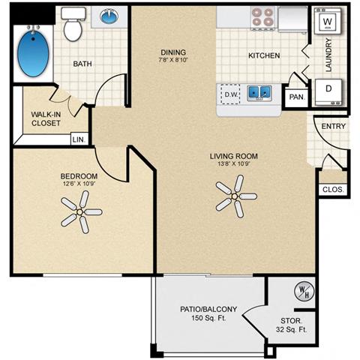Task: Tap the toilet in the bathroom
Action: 73,24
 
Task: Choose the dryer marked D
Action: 328,92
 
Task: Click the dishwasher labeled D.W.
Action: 230,94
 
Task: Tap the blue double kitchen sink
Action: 259,93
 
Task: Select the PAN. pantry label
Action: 297,97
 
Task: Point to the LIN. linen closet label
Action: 79,139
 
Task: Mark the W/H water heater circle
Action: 304,291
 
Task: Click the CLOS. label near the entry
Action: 333,190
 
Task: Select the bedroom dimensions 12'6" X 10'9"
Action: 79,184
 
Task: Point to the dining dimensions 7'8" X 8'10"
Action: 173,60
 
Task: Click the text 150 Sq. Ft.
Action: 208,318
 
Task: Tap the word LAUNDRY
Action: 328,55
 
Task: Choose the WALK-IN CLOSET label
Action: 46,118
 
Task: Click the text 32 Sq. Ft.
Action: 292,329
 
